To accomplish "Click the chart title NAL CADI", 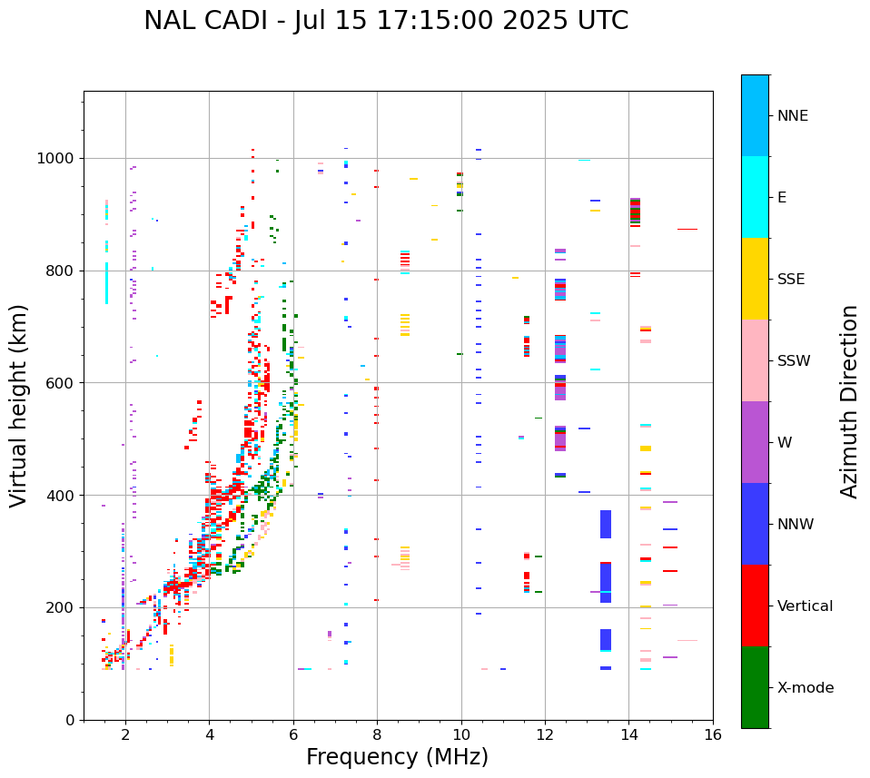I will coord(385,21).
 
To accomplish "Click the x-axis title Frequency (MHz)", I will coord(397,757).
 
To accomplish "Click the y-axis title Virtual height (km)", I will coord(19,406).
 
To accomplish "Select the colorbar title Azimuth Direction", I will coord(849,401).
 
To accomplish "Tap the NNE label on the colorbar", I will coord(792,116).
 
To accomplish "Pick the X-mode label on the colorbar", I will coord(805,688).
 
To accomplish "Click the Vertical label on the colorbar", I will coord(805,606).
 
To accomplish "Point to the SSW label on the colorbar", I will coord(794,361).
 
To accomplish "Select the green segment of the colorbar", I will coord(755,687).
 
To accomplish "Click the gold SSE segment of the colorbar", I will coord(755,279).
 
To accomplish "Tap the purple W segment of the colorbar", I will coord(755,442).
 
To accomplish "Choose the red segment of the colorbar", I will coord(755,606).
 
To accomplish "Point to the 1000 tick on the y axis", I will coord(58,159).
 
